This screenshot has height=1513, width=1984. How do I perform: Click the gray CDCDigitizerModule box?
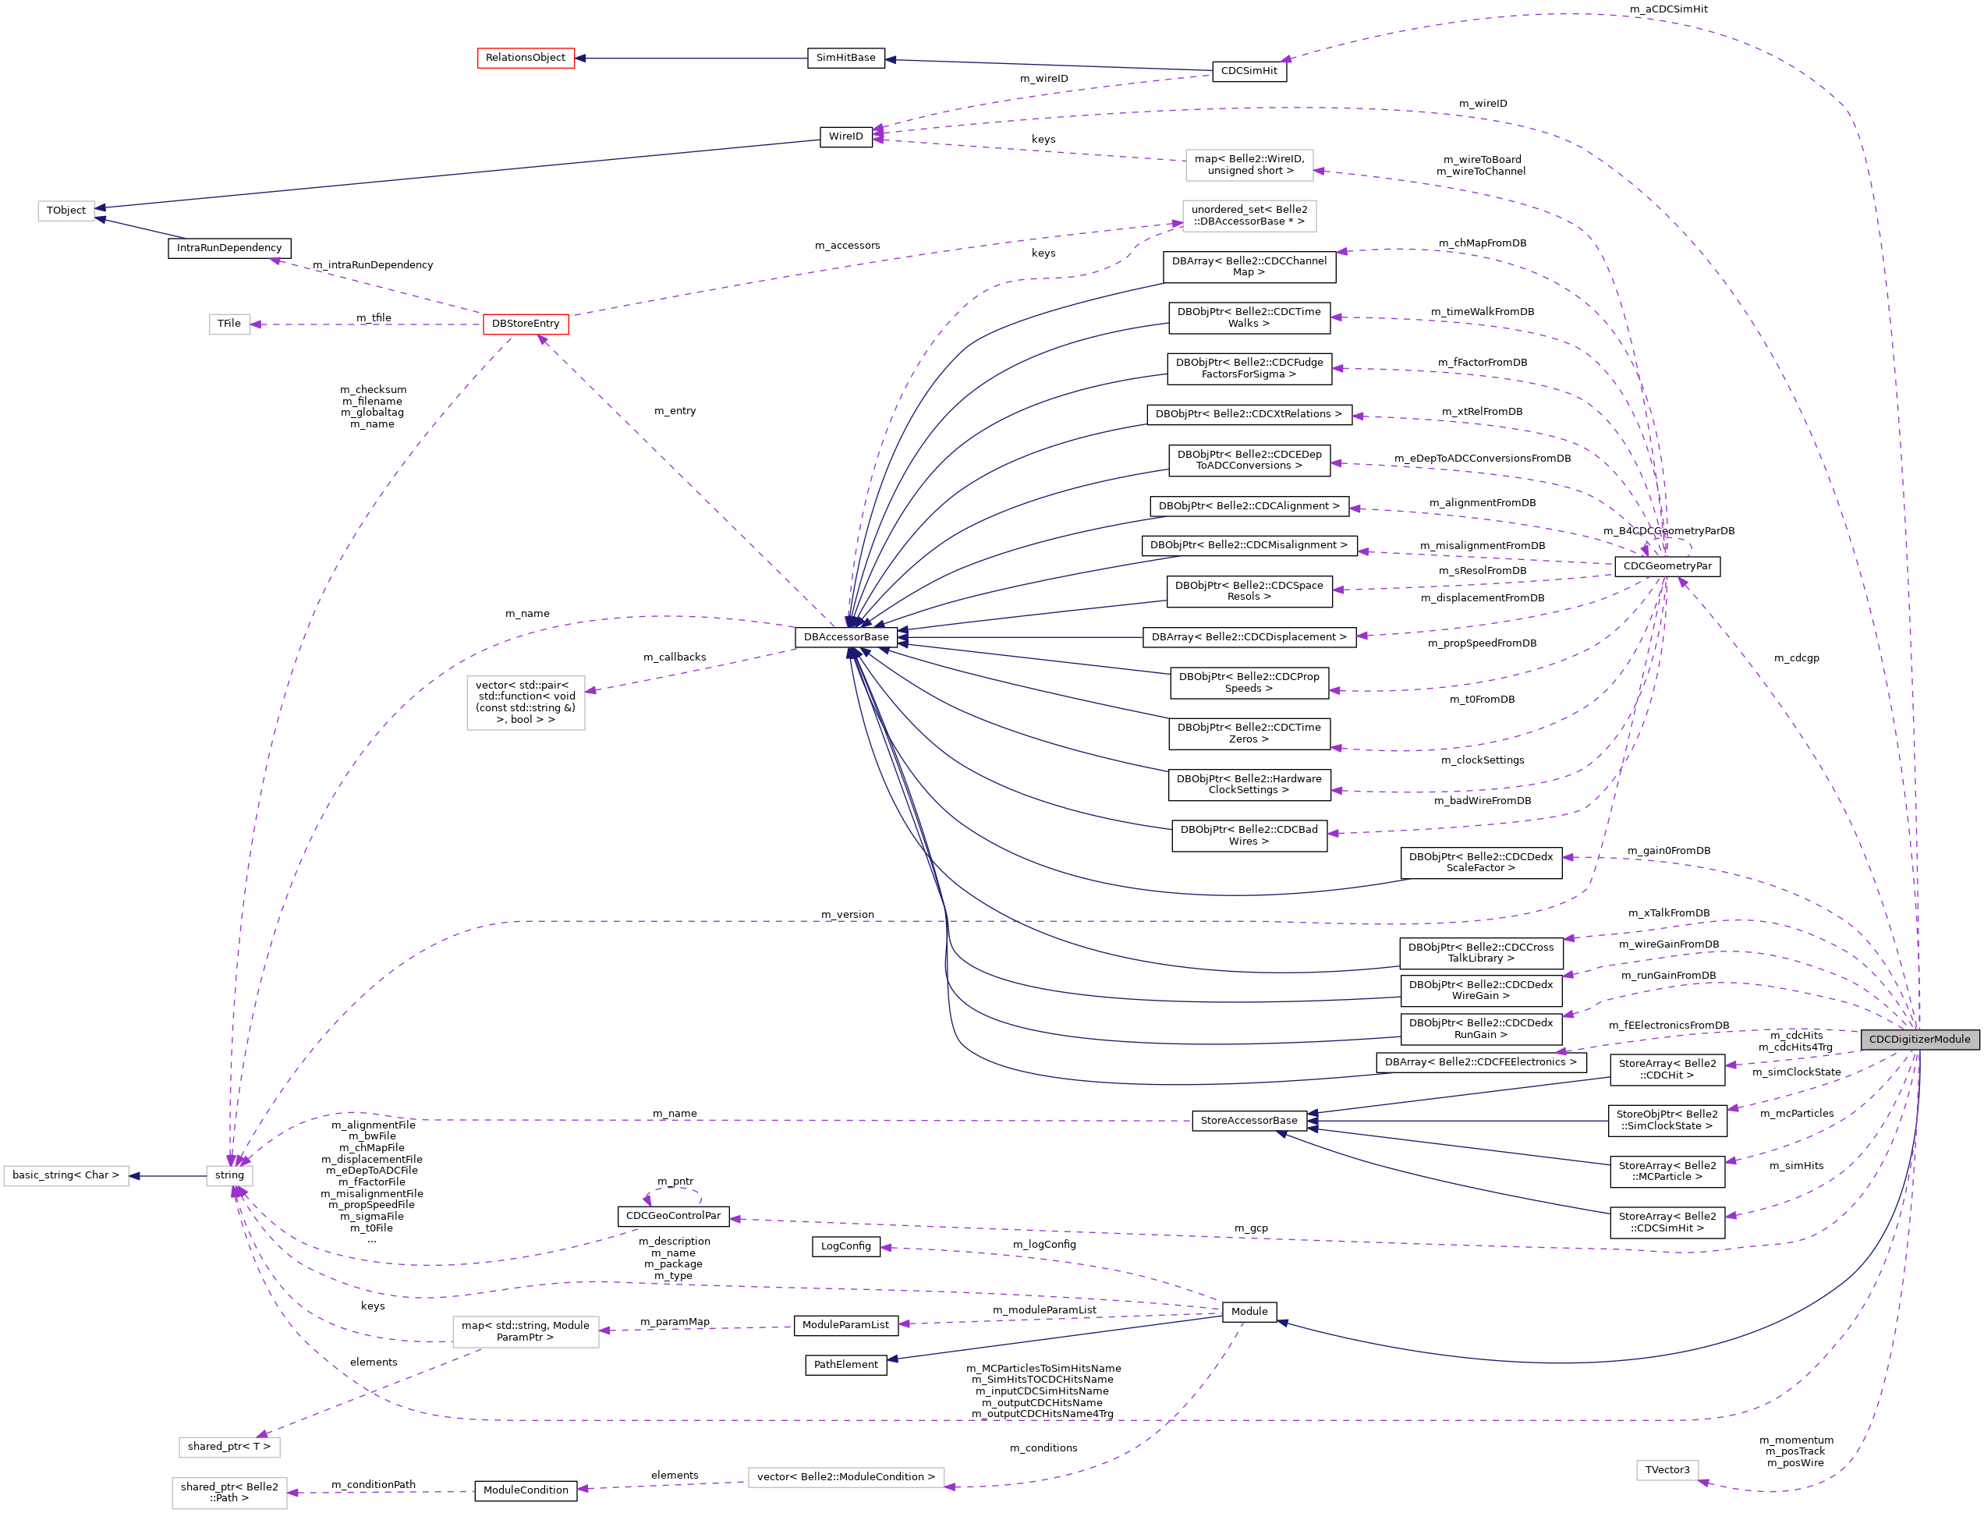[x=1919, y=1040]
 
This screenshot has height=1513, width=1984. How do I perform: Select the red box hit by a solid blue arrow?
[x=526, y=58]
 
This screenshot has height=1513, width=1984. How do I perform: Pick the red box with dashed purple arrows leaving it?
[x=526, y=324]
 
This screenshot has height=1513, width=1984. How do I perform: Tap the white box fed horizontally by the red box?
[x=229, y=324]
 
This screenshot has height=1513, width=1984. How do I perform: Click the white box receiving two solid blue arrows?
[x=66, y=211]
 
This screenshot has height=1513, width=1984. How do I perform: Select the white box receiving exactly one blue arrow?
[x=66, y=1176]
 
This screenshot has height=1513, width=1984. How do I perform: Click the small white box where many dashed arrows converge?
[x=229, y=1176]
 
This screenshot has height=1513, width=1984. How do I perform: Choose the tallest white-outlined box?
[x=526, y=703]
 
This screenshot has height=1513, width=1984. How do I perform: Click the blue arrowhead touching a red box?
[x=581, y=58]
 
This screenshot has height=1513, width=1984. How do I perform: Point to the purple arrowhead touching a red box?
[x=542, y=339]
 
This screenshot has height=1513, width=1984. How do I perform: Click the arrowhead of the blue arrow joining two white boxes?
[x=134, y=1176]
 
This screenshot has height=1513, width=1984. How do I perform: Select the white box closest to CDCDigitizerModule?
[x=1667, y=1471]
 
